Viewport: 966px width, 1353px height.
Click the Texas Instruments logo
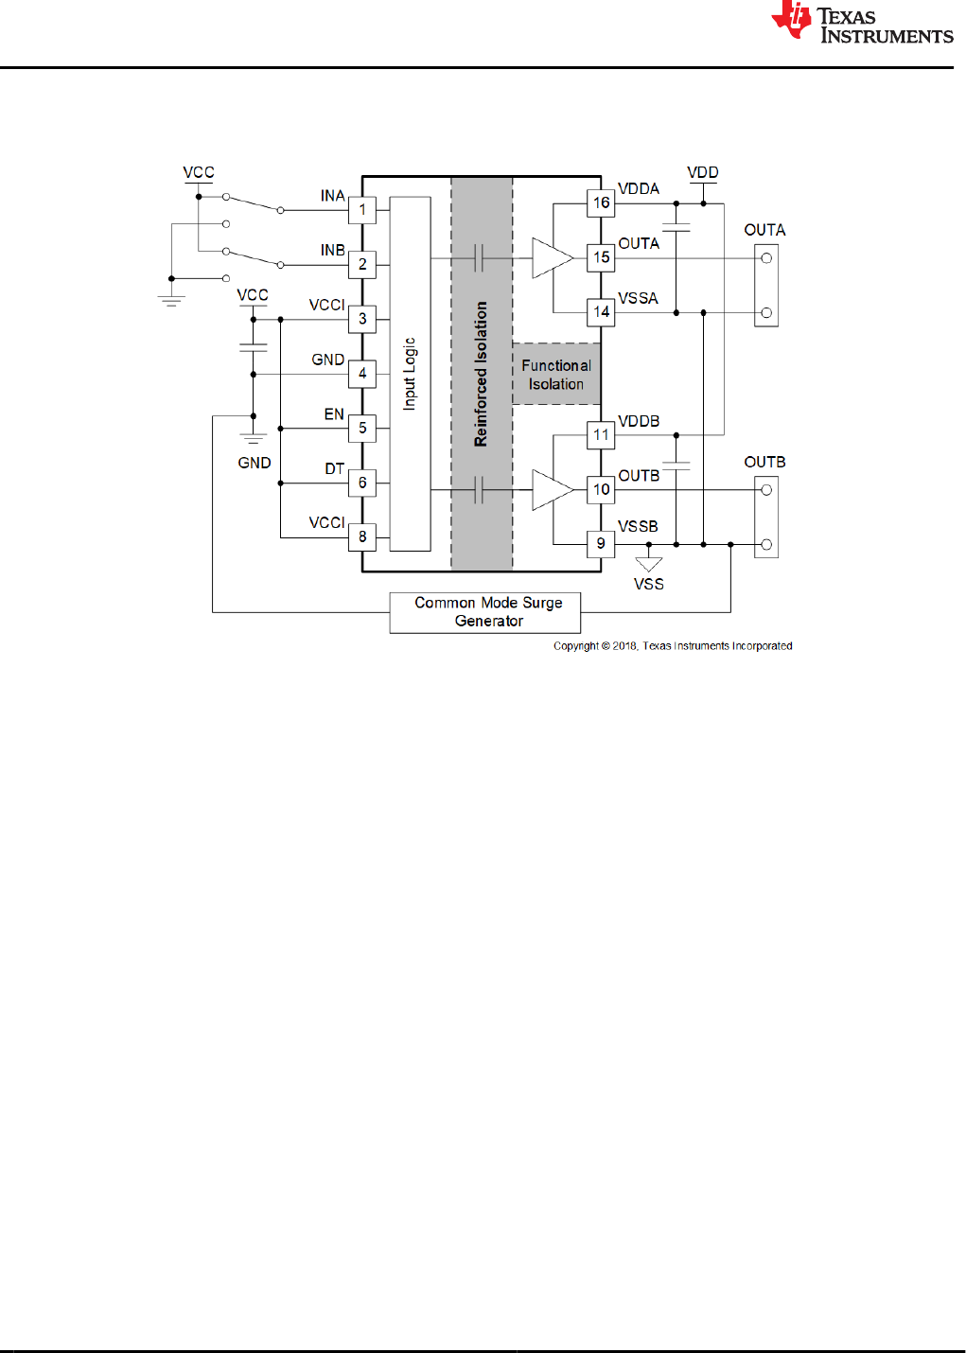coord(862,23)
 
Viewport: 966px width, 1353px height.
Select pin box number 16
coord(601,202)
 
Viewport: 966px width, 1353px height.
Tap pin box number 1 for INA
coord(362,210)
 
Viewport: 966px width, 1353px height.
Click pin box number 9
coord(601,544)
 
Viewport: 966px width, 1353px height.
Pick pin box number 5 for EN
coord(362,429)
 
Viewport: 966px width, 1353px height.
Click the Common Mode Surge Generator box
coord(485,612)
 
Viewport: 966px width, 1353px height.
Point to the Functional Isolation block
coord(556,375)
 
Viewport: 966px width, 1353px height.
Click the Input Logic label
coord(410,374)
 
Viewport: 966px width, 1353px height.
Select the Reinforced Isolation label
coord(482,374)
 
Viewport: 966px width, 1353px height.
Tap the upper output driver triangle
coord(551,258)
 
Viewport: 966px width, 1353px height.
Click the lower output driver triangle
coord(551,490)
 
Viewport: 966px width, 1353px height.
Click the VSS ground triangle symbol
coord(649,564)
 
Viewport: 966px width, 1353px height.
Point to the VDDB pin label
coord(639,421)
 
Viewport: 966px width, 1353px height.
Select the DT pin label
coord(334,469)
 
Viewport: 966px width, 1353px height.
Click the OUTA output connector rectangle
coord(766,285)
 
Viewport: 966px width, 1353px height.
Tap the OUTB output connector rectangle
coord(766,517)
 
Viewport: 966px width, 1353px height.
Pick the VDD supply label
coord(703,172)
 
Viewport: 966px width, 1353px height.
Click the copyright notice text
coord(673,646)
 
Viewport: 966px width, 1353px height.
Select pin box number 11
coord(601,435)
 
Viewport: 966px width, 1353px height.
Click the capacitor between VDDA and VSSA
coord(676,227)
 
